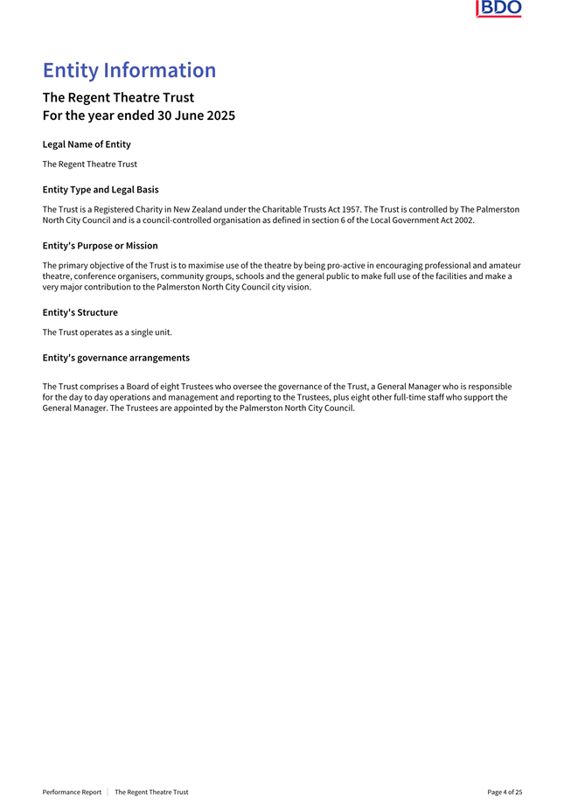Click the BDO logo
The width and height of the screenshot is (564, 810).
tap(498, 9)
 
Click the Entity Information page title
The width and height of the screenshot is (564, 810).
tap(129, 70)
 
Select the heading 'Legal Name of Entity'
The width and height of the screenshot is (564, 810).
tap(87, 143)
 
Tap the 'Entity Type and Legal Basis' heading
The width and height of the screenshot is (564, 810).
tap(100, 189)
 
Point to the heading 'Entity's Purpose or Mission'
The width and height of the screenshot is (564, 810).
tap(100, 245)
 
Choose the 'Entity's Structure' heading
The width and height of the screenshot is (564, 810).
tap(80, 312)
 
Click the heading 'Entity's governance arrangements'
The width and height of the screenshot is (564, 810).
tap(115, 357)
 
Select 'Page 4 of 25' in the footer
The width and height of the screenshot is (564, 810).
tap(505, 792)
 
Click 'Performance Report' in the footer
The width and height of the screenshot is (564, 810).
tap(72, 792)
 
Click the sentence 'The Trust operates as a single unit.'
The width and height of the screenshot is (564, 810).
tap(107, 332)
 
